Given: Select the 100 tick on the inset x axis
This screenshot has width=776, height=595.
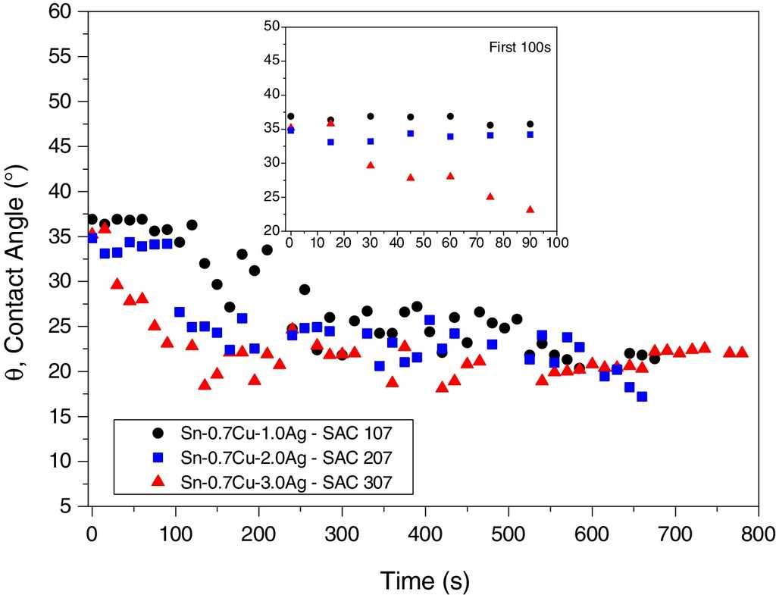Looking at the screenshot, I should click(x=557, y=243).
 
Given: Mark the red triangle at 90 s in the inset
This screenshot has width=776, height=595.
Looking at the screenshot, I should click(x=530, y=209).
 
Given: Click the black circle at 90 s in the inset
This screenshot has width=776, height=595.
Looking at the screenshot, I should click(x=530, y=124).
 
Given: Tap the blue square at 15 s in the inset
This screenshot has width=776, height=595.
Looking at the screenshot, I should click(x=330, y=142).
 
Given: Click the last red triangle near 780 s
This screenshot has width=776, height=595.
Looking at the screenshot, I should click(x=742, y=352).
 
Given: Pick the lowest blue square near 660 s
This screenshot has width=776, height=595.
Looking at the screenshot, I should click(x=642, y=396).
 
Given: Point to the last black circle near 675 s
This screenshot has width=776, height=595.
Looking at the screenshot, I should click(x=654, y=359).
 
